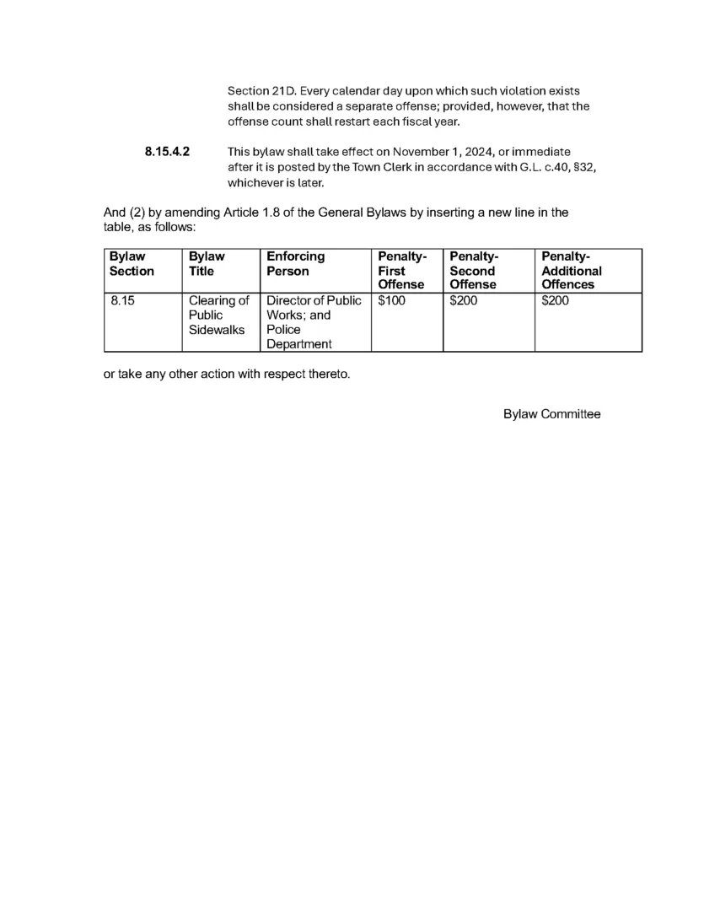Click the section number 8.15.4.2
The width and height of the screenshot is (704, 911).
tap(167, 152)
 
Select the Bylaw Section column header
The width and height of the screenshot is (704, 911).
tap(132, 263)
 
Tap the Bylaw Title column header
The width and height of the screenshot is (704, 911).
tap(207, 263)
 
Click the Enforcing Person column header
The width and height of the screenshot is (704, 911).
tap(295, 263)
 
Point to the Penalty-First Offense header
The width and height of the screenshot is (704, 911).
tap(401, 270)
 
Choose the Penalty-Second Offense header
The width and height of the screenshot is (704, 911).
tap(474, 270)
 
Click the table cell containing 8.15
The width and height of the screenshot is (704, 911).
tap(123, 300)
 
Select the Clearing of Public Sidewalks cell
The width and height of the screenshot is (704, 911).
tap(218, 315)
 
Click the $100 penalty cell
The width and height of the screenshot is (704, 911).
tap(391, 300)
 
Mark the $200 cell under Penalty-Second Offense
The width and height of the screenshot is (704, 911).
tap(463, 300)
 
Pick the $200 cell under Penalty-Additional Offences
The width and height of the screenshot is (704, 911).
tap(555, 300)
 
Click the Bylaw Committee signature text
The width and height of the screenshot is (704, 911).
tap(551, 414)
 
